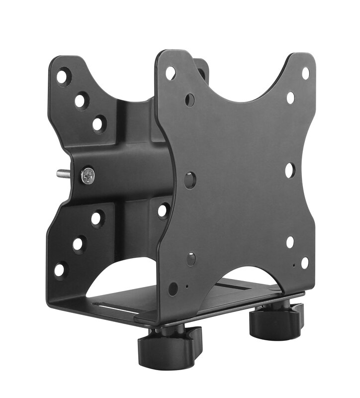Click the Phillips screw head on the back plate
click(88, 175)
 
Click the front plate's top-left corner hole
click(171, 74)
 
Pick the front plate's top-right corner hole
click(305, 73)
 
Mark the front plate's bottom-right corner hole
click(304, 262)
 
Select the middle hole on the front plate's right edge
click(290, 171)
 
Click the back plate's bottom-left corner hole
click(60, 270)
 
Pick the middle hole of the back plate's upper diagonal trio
click(81, 101)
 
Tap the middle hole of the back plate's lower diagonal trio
click(79, 244)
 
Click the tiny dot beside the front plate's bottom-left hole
click(186, 287)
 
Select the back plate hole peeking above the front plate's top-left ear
click(201, 73)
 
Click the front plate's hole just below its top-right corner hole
click(290, 98)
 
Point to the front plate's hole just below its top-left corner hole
click(190, 99)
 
